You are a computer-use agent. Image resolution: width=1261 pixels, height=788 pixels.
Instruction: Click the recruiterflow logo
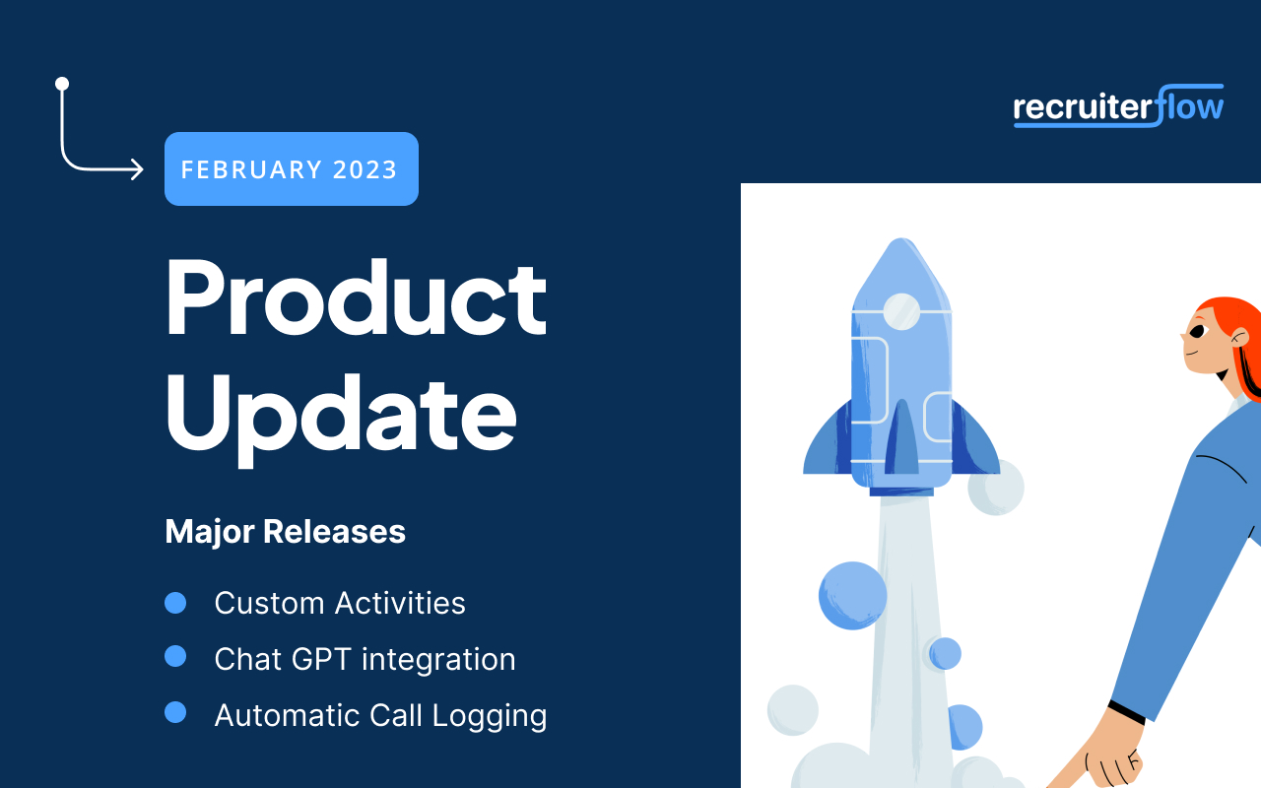pos(1118,106)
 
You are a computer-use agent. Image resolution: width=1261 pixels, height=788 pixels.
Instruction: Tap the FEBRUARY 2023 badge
pos(292,168)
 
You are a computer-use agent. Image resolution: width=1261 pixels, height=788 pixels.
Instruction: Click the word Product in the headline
pos(356,297)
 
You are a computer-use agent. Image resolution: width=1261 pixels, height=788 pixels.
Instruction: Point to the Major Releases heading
pos(285,532)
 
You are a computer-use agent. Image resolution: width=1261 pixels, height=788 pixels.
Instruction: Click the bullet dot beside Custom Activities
pos(175,603)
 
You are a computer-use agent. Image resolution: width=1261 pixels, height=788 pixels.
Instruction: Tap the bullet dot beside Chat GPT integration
pos(175,656)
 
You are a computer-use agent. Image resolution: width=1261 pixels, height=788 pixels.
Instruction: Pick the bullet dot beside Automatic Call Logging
pos(175,712)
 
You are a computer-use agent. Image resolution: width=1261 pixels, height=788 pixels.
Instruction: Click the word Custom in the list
pos(270,604)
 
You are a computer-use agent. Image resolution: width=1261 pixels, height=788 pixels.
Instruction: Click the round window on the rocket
pos(901,311)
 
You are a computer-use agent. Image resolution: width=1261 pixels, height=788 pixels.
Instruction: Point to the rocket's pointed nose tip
pos(901,239)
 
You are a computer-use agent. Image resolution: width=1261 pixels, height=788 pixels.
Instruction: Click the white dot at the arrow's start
pos(62,84)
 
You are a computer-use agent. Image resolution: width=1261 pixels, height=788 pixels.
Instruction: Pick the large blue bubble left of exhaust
pos(852,596)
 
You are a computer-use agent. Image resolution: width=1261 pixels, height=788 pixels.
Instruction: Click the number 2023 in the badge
pos(365,169)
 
